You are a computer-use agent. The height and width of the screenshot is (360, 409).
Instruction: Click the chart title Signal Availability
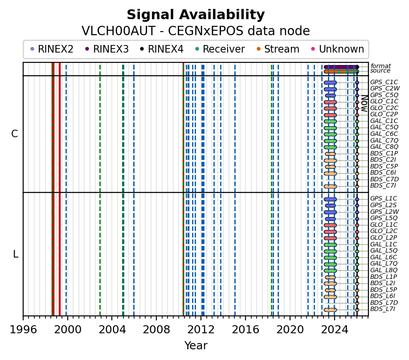[196, 15]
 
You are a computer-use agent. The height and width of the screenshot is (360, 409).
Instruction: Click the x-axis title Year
[196, 346]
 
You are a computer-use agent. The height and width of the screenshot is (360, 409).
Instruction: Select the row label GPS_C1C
[384, 82]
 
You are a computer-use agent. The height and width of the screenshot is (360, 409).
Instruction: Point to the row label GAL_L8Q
[384, 270]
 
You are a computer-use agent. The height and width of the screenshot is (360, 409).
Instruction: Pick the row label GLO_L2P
[384, 237]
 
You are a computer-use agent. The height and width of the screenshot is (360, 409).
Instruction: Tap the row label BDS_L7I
[383, 309]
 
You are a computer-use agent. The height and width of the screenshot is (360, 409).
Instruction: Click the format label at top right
[380, 66]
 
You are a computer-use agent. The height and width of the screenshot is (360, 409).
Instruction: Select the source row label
[380, 71]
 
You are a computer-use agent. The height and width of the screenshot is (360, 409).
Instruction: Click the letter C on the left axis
[15, 134]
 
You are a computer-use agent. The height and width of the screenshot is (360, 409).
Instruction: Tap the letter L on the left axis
[16, 254]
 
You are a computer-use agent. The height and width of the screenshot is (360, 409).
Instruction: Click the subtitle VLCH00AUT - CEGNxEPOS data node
[196, 31]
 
